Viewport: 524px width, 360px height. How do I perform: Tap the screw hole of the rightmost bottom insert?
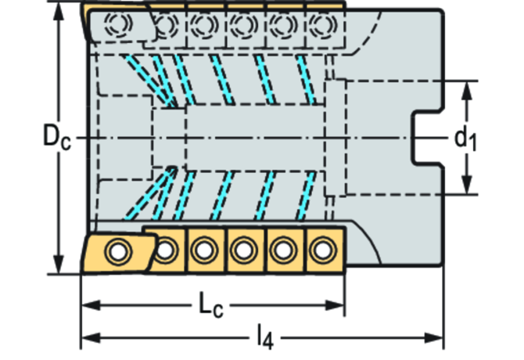(x=321, y=250)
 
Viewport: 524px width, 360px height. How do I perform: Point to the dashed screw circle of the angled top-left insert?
(x=121, y=23)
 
